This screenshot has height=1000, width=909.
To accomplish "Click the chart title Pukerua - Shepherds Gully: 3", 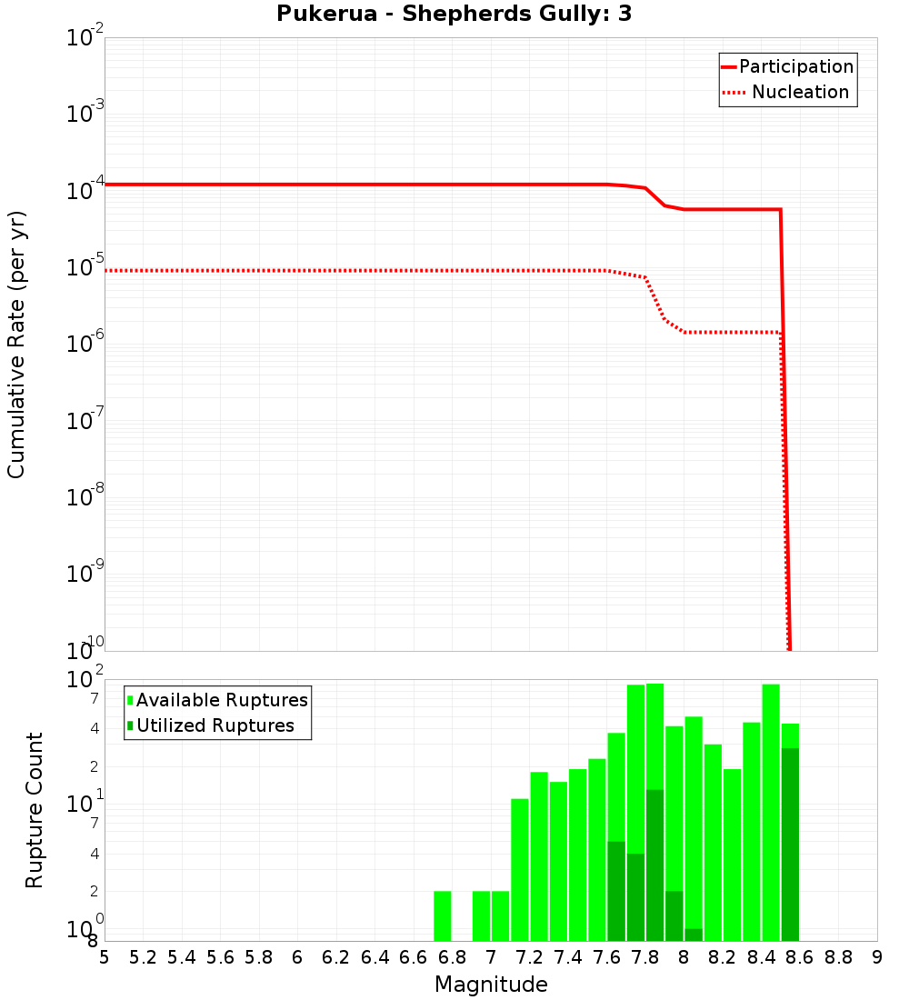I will coord(454,15).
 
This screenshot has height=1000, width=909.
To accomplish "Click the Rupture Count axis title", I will coord(35,810).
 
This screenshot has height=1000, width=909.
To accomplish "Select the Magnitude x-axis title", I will coord(491,985).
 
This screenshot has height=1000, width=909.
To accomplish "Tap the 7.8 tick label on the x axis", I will coord(644,957).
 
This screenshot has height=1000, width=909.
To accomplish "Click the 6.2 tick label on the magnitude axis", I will coord(335,957).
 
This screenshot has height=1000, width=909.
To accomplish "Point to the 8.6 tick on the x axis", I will coord(799,957).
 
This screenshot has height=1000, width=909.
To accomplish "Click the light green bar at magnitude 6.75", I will coord(442,915).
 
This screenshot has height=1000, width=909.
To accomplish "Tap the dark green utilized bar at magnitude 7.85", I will coord(654,864).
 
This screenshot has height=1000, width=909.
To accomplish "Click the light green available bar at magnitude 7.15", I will coord(519,868).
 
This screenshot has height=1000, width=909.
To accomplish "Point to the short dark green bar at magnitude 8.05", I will coord(694,935).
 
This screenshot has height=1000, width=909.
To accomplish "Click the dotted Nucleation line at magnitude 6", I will coord(297,270).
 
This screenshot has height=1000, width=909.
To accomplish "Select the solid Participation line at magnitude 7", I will coord(491,185).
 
